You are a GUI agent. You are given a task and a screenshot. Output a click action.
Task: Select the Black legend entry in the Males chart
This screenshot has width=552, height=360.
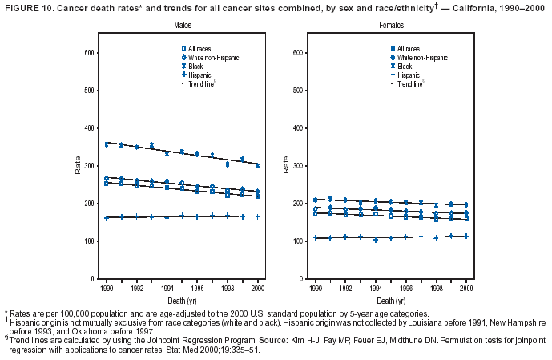(197, 66)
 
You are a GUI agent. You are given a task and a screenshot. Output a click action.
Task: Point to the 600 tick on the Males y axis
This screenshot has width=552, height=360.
(91, 53)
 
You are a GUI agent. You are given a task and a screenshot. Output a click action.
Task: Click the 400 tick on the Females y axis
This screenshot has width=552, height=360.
(296, 128)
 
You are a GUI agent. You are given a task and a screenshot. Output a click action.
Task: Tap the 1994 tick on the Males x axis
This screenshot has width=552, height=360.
(167, 286)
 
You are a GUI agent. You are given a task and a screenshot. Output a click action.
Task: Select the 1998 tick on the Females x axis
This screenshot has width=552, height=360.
(436, 286)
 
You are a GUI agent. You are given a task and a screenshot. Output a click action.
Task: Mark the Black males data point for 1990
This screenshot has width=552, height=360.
(107, 144)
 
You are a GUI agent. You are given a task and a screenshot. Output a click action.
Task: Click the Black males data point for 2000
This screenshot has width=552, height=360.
(257, 165)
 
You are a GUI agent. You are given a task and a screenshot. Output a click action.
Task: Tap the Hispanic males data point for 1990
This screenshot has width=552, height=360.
(107, 218)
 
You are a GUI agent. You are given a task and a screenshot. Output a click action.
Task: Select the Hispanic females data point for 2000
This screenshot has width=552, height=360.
(465, 237)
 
